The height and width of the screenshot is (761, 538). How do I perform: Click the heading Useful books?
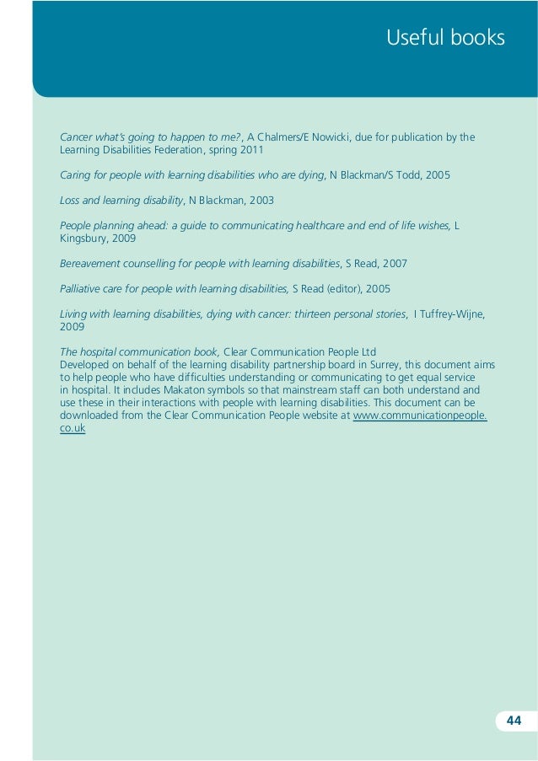(x=445, y=38)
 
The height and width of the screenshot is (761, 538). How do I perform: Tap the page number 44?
(x=514, y=720)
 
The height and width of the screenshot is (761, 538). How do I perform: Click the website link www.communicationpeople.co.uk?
(x=419, y=416)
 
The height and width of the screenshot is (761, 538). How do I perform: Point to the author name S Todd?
(x=406, y=175)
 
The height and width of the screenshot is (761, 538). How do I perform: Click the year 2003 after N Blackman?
(x=261, y=201)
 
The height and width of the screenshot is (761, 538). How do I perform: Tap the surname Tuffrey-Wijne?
(x=452, y=314)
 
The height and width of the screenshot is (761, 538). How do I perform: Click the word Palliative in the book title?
(x=83, y=289)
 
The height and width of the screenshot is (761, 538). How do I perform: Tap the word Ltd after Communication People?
(x=366, y=351)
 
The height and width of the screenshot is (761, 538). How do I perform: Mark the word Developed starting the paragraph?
(x=86, y=364)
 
